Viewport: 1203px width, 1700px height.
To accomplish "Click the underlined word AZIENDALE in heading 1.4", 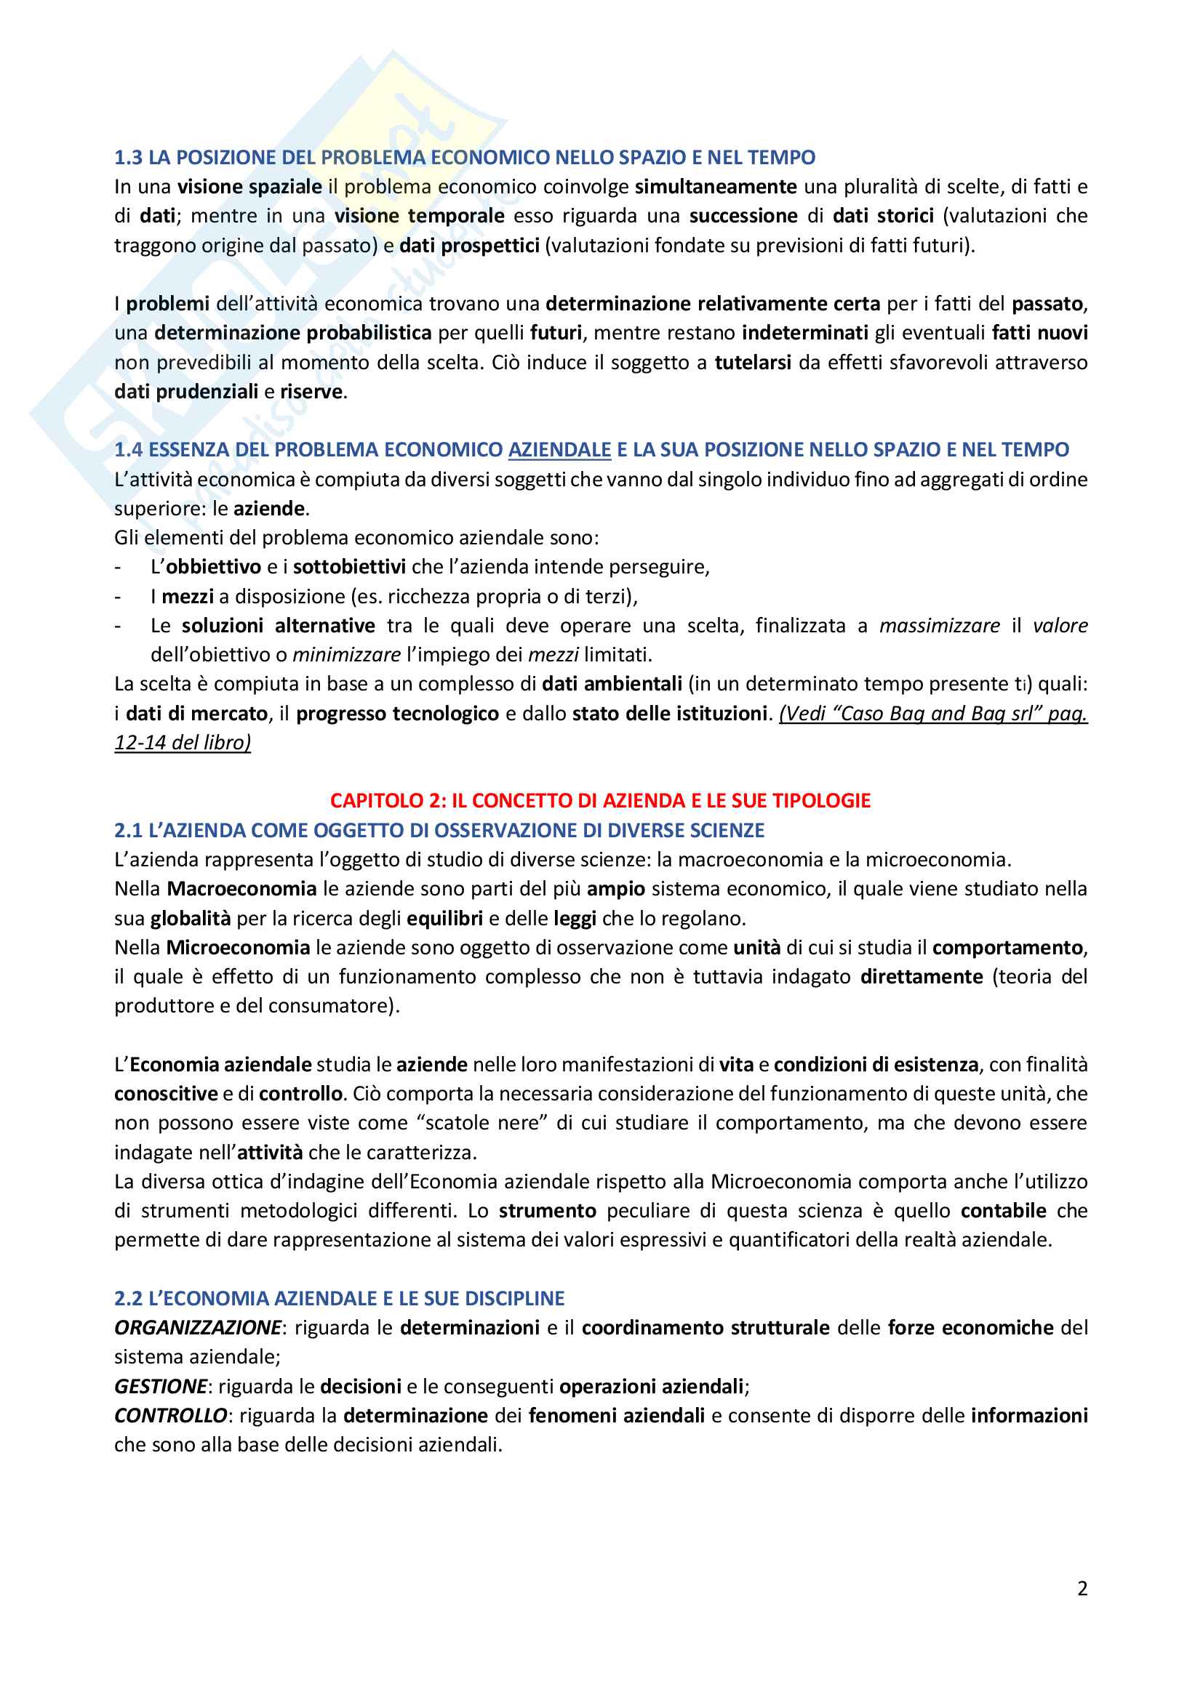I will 559,449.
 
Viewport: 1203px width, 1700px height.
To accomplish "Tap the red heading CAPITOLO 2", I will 600,800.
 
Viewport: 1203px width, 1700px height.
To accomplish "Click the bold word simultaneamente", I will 716,187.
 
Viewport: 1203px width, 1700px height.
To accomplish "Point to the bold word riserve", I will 311,392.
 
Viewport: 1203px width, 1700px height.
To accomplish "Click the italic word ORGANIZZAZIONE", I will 198,1328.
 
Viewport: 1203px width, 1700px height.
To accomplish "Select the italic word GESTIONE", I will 161,1386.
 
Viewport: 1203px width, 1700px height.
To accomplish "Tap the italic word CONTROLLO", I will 170,1416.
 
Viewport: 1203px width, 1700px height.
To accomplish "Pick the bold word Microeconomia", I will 238,947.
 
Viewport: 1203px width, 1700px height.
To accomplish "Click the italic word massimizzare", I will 939,626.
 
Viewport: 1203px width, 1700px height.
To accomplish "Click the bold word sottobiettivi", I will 349,567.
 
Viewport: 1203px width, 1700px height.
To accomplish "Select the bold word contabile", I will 1003,1211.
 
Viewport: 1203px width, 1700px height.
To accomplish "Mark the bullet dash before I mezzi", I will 118,597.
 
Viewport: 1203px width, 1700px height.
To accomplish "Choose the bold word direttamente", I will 921,977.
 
